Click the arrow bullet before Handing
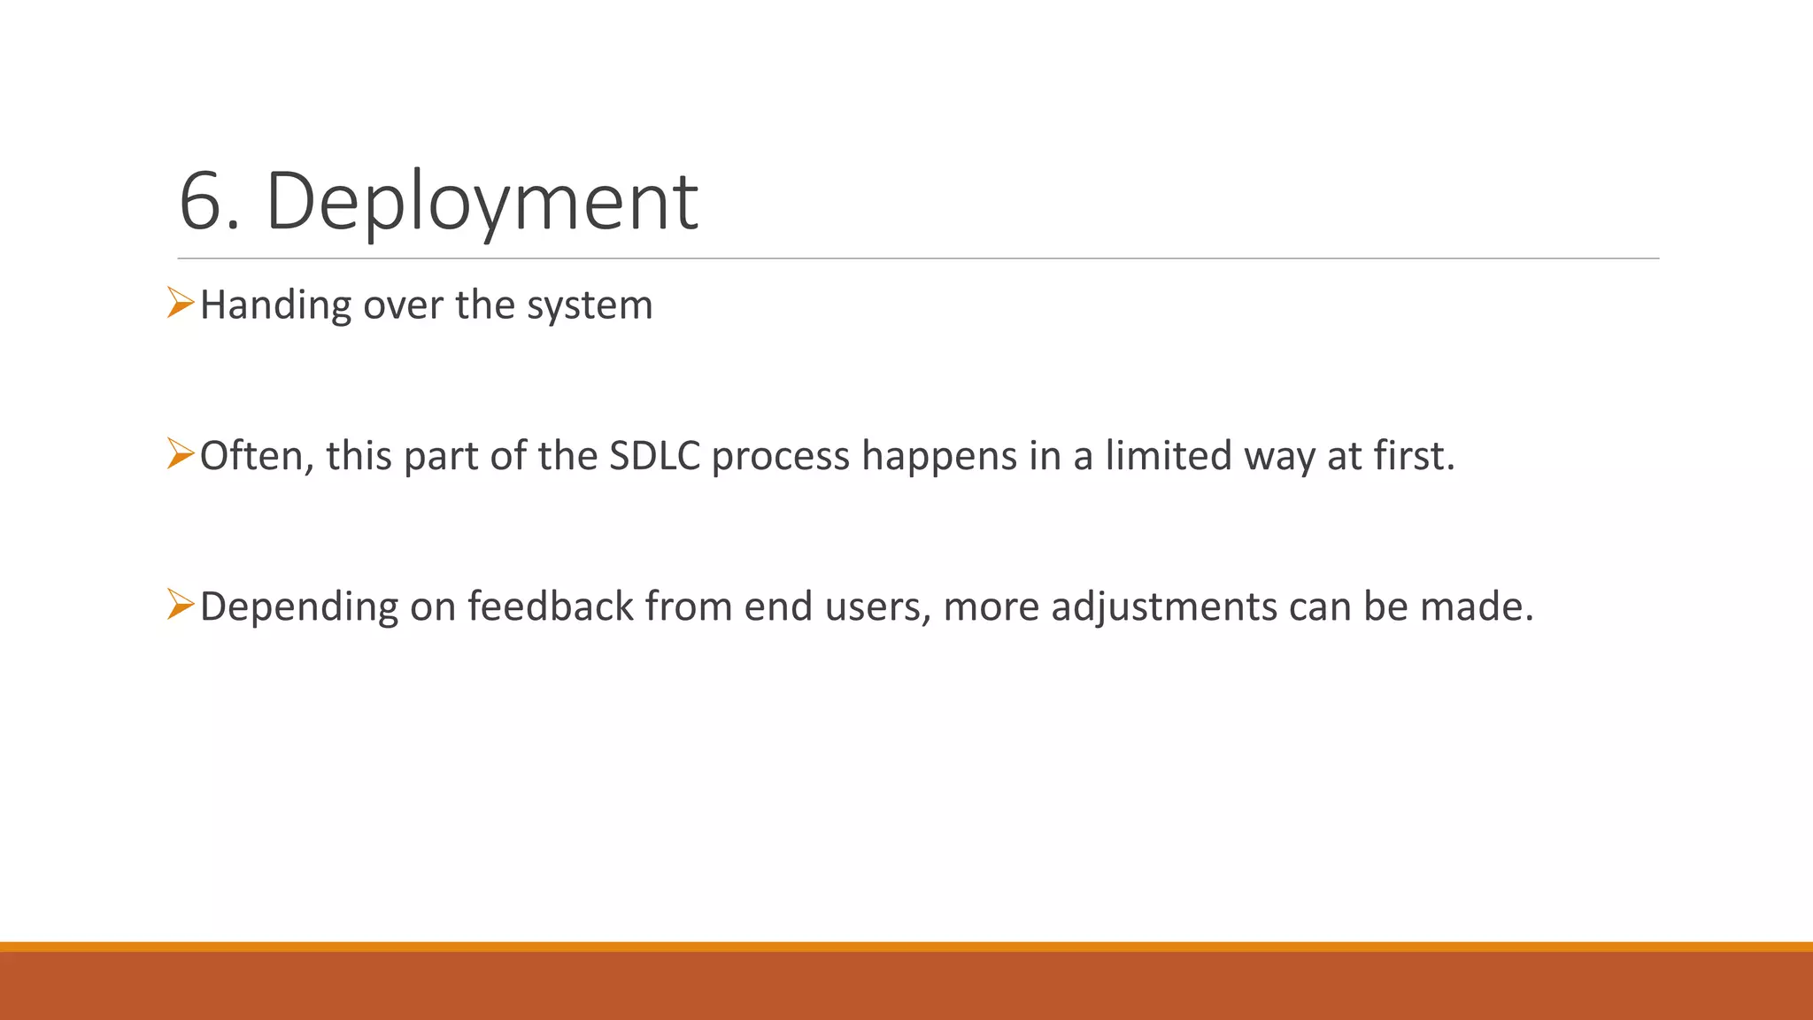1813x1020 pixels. click(180, 304)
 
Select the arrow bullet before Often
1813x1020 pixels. click(180, 454)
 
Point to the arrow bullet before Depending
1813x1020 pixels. click(180, 606)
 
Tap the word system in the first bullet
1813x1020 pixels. click(590, 305)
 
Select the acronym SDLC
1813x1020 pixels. click(655, 456)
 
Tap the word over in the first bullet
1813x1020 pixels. click(403, 305)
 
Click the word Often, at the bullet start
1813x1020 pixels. click(257, 456)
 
